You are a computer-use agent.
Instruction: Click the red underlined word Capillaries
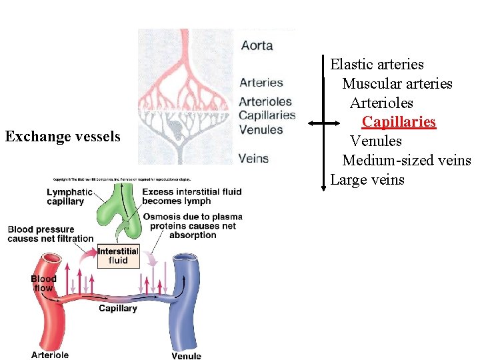(399, 122)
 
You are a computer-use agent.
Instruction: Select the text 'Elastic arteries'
(377, 65)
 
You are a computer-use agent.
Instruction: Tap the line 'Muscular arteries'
(397, 84)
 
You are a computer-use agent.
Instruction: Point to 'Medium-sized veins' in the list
(406, 161)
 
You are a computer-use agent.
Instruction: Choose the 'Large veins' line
(367, 180)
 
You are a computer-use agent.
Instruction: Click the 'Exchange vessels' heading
(63, 137)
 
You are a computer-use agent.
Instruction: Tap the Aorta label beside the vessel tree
(257, 45)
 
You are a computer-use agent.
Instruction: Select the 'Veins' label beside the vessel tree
(253, 159)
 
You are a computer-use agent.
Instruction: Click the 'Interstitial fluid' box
(118, 256)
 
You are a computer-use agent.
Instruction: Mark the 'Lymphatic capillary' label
(65, 197)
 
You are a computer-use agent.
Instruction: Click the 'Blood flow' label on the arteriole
(43, 283)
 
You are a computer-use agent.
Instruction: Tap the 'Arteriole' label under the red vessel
(50, 355)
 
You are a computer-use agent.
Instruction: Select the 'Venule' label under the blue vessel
(186, 356)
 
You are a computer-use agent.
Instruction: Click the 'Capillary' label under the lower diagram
(118, 308)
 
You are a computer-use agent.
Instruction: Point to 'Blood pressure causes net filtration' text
(50, 234)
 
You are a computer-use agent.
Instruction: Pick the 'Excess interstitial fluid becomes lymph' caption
(192, 197)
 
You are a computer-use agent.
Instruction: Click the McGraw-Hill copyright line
(123, 179)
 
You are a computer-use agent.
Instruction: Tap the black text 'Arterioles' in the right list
(381, 103)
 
